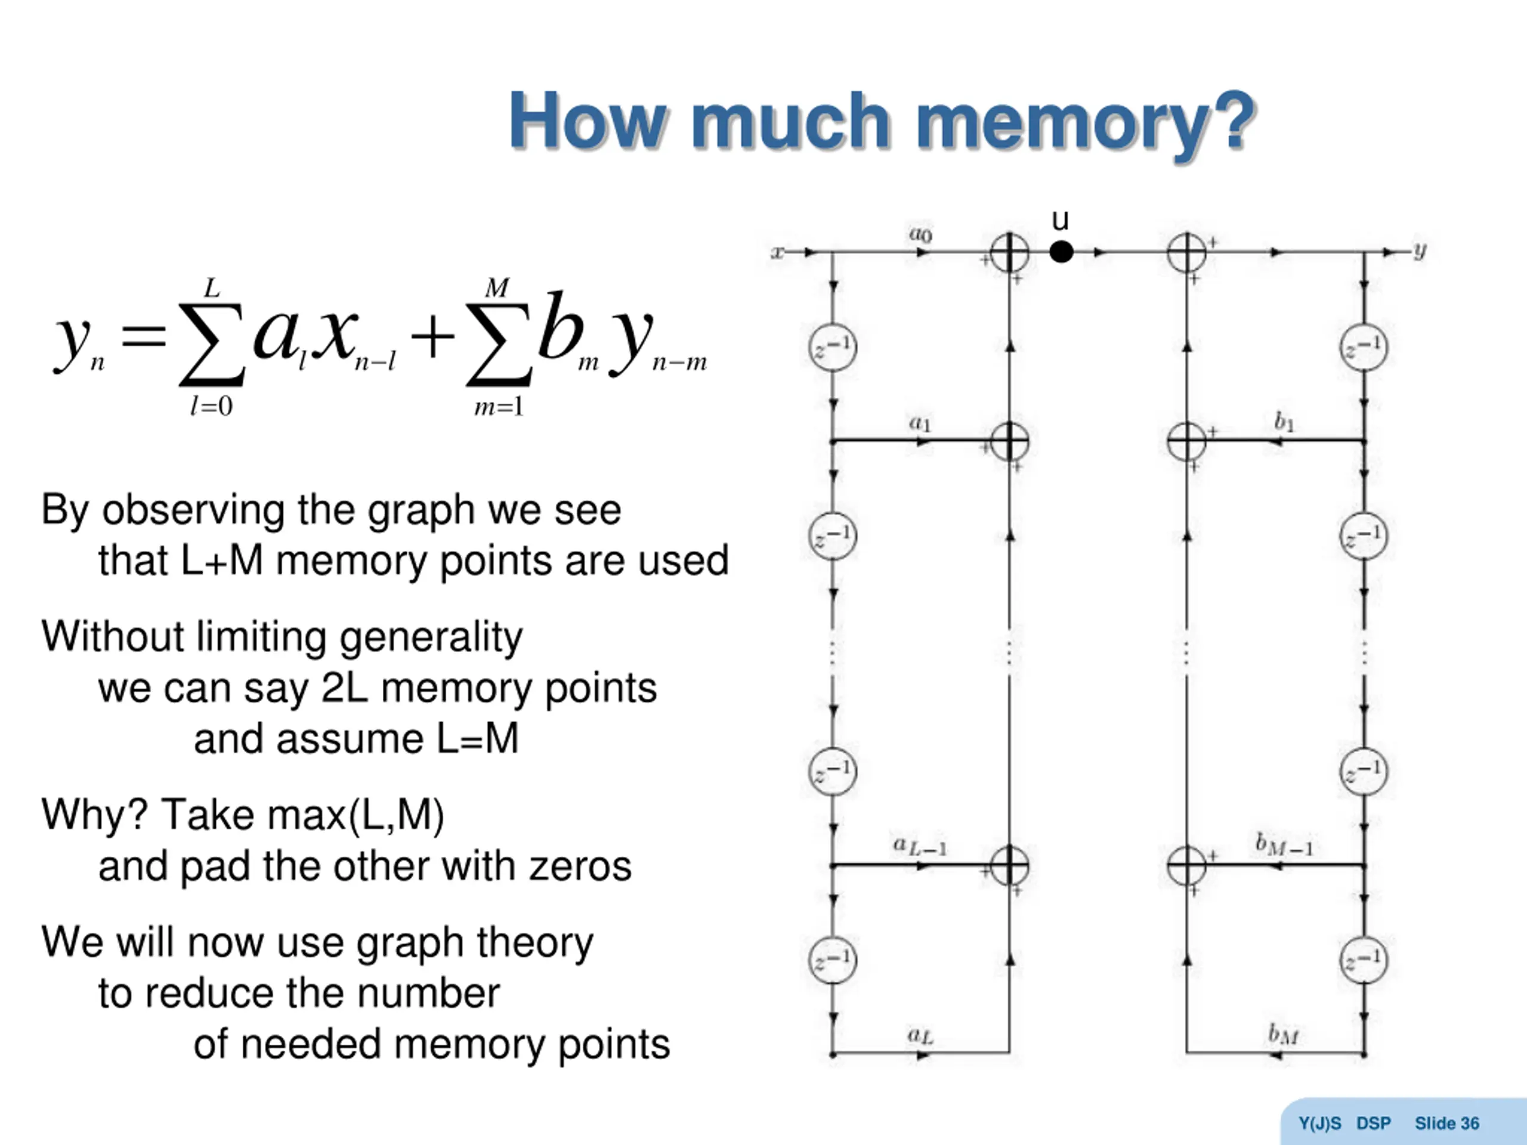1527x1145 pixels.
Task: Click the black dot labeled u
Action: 1061,252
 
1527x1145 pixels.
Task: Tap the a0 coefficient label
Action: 920,234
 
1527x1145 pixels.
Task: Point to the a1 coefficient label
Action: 920,422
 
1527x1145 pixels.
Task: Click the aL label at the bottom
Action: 920,1035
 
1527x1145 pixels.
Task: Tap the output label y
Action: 1419,250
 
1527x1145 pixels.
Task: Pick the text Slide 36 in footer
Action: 1447,1124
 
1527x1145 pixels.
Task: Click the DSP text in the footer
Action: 1373,1124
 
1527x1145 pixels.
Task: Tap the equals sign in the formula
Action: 144,337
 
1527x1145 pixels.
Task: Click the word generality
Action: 431,637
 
